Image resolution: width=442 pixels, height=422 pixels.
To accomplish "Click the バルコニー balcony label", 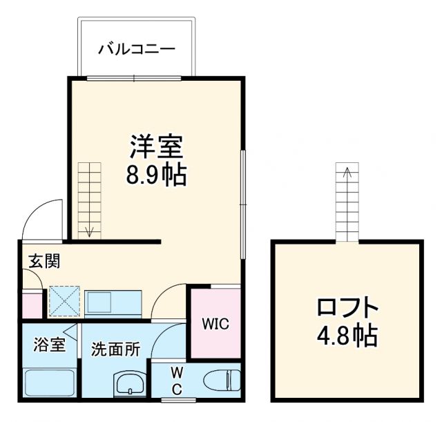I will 136,49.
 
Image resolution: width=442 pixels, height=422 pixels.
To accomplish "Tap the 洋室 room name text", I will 156,146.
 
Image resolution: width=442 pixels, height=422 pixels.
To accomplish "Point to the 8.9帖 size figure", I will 156,176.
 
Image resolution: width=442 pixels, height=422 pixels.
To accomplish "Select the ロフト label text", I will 347,306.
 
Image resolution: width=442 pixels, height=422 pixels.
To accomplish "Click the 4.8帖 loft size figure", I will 347,336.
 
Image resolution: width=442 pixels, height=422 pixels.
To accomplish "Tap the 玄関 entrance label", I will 44,261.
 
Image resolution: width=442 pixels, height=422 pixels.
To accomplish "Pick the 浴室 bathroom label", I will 50,343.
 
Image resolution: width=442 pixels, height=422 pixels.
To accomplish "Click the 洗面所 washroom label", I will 115,349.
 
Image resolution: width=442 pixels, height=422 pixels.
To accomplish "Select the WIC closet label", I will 215,324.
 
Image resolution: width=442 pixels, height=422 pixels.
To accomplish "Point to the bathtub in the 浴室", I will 50,384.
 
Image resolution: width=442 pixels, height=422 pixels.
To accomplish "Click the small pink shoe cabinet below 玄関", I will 32,305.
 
